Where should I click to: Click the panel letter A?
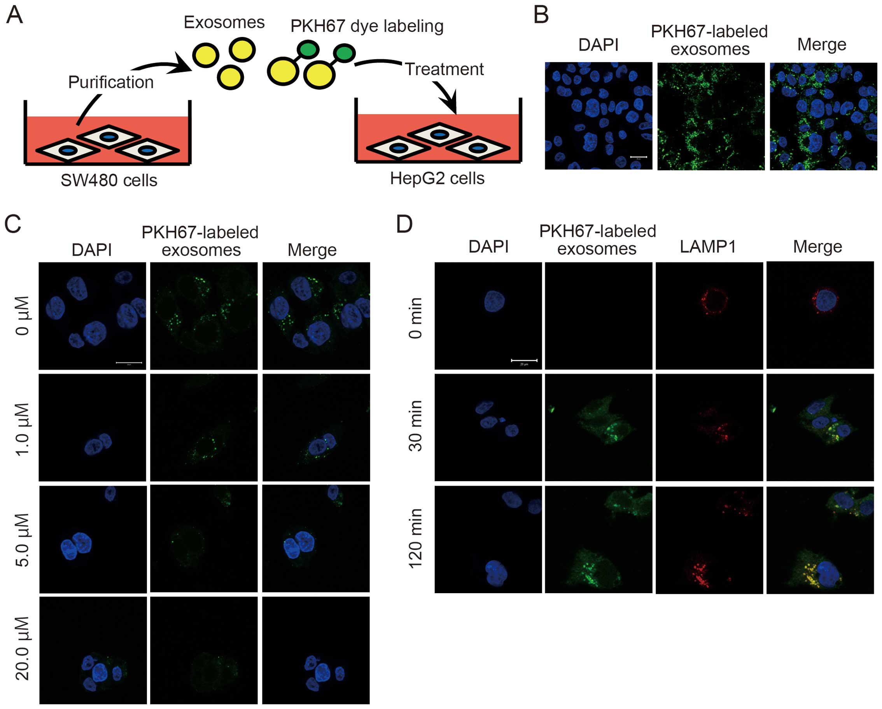pos(14,16)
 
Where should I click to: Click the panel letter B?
pos(541,16)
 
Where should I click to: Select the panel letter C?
pos(13,224)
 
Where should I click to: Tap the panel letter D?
pos(404,224)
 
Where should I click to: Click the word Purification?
pos(111,82)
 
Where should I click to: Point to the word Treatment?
pos(444,69)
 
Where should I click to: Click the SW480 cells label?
pos(109,180)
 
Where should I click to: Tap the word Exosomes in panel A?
pos(224,22)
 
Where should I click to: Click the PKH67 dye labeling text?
pos(367,26)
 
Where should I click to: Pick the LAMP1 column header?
pos(708,246)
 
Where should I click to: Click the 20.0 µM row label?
pos(23,648)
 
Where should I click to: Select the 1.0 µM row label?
pos(23,429)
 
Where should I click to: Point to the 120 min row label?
pos(416,538)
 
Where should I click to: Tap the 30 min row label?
pos(416,426)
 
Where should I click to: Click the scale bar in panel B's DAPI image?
pos(639,157)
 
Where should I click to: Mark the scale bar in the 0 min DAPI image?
pos(524,360)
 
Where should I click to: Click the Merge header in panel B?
pos(821,44)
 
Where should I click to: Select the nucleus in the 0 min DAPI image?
pos(495,301)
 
